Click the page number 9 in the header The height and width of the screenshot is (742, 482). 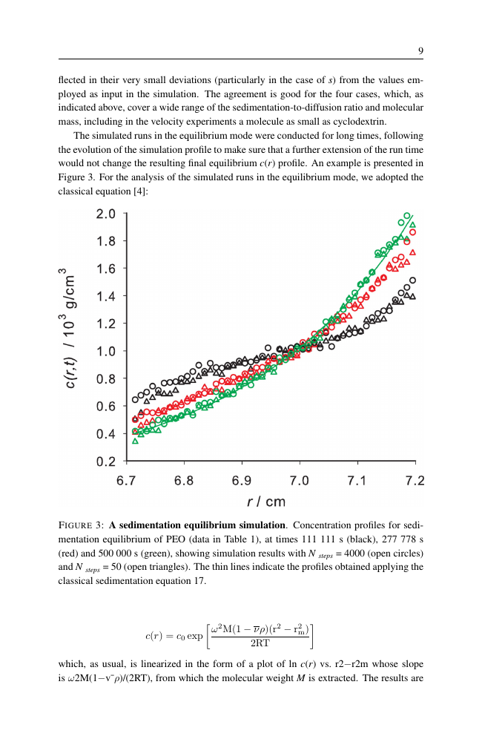pyautogui.click(x=420, y=51)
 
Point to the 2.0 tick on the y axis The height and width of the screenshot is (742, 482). pyautogui.click(x=106, y=214)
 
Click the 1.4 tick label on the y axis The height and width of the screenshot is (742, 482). pyautogui.click(x=106, y=297)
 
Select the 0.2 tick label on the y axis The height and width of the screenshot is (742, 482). pyautogui.click(x=106, y=462)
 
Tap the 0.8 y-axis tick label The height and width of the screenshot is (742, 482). pyautogui.click(x=106, y=379)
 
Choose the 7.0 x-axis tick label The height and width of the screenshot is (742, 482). pyautogui.click(x=300, y=481)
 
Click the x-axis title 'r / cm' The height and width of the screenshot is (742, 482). pyautogui.click(x=265, y=502)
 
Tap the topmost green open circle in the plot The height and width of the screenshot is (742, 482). pyautogui.click(x=407, y=215)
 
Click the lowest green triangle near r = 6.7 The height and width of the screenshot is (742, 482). pyautogui.click(x=135, y=441)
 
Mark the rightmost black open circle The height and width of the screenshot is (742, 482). pyautogui.click(x=413, y=280)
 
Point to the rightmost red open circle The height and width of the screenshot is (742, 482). pyautogui.click(x=413, y=232)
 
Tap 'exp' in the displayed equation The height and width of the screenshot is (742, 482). pyautogui.click(x=194, y=637)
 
